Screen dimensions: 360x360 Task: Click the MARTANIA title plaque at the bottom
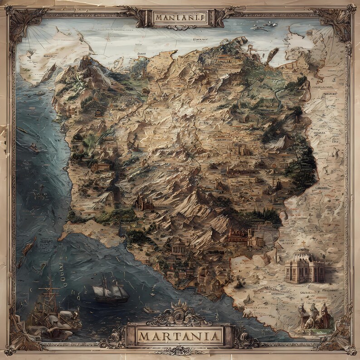coord(180,336)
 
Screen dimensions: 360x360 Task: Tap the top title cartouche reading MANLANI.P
coord(180,18)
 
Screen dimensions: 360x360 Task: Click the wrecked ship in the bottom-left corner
coord(50,308)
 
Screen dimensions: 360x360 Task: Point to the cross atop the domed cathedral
coord(304,244)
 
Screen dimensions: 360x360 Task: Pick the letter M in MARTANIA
coord(144,336)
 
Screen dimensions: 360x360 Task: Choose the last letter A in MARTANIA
coord(216,336)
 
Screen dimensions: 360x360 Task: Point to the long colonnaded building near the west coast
coord(101,167)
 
